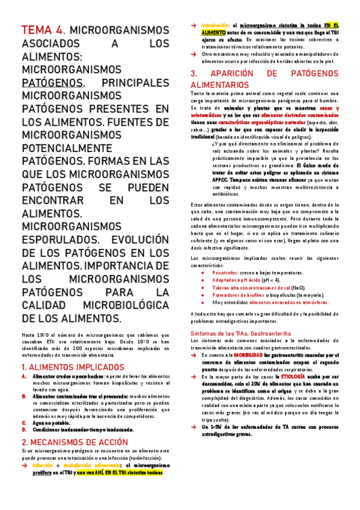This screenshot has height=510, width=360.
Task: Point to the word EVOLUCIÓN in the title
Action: click(x=138, y=240)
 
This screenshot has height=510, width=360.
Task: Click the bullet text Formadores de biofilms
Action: click(x=244, y=294)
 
